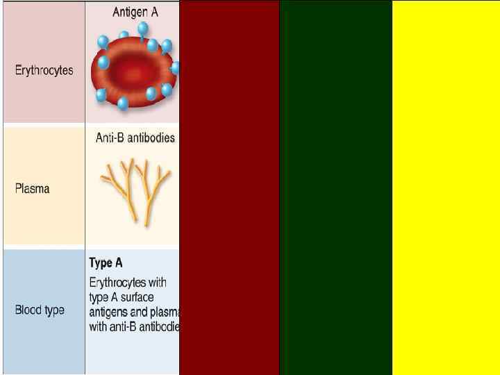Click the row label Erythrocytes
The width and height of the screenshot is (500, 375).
pyautogui.click(x=44, y=71)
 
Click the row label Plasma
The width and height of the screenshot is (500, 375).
pyautogui.click(x=33, y=188)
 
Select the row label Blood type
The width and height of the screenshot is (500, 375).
pyautogui.click(x=40, y=310)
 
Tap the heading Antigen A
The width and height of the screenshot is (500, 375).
pyautogui.click(x=135, y=12)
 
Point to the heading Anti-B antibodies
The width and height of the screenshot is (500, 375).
pyautogui.click(x=135, y=137)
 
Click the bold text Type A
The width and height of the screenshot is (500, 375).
pyautogui.click(x=106, y=263)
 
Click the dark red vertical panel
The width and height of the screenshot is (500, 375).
pyautogui.click(x=229, y=187)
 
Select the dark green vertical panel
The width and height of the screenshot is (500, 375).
pyautogui.click(x=335, y=187)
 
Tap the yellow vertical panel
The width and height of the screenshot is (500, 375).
pyautogui.click(x=446, y=187)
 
